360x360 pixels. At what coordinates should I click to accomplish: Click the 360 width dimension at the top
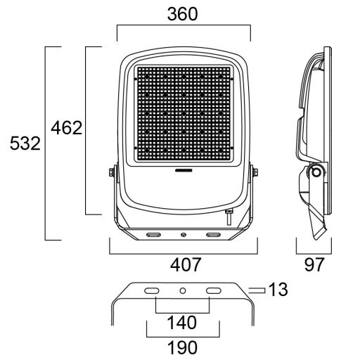tap(183, 14)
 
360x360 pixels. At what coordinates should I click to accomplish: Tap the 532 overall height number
tap(22, 143)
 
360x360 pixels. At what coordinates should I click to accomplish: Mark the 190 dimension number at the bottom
tap(182, 347)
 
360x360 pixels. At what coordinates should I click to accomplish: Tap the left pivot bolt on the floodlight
tap(111, 172)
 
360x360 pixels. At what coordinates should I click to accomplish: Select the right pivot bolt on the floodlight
tap(255, 172)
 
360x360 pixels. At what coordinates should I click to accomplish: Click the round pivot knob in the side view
tap(316, 172)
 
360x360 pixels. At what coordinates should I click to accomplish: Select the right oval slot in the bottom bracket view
tap(212, 290)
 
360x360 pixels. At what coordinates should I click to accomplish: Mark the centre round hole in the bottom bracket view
tap(183, 290)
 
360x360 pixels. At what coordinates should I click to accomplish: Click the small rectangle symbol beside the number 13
tap(257, 289)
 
